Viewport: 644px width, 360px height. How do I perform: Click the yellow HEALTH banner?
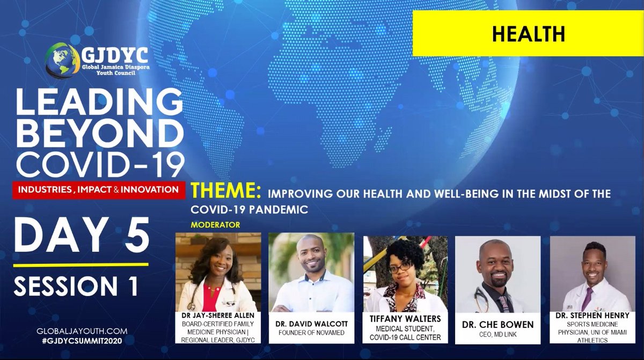coord(528,34)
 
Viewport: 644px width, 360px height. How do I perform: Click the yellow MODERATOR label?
coord(215,225)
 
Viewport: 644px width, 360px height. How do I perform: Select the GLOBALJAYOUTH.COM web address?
coord(75,332)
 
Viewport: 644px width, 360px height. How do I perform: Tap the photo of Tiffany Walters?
coord(405,274)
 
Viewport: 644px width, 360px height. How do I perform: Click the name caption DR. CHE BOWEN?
coord(497,325)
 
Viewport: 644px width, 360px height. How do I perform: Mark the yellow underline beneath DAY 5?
coord(80,264)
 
